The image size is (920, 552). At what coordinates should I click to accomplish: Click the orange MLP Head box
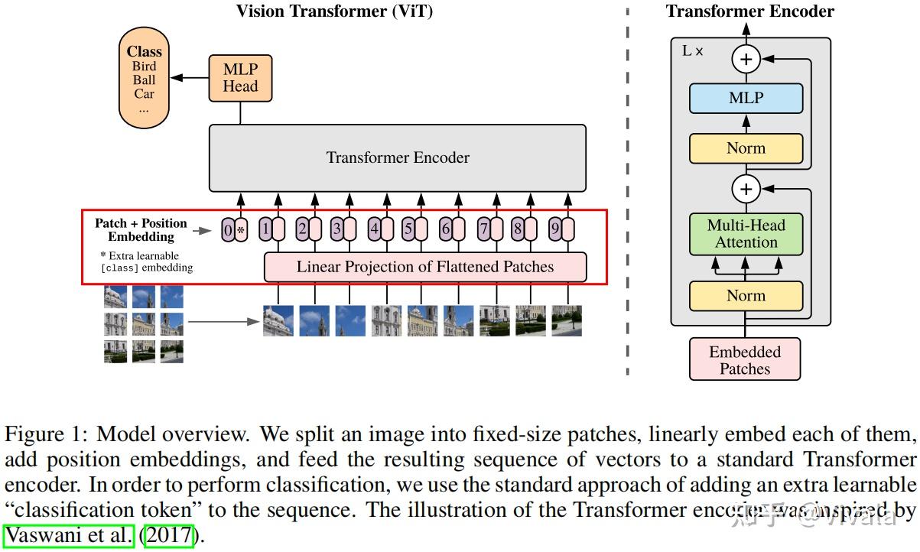click(240, 78)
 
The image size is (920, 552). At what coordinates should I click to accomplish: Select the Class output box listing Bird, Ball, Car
click(144, 80)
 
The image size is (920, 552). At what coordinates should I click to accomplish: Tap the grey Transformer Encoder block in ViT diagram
click(398, 158)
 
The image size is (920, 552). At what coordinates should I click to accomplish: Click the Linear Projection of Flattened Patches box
click(425, 268)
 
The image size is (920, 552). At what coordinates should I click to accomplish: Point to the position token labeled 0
click(228, 229)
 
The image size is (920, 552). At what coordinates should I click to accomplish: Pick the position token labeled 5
click(408, 229)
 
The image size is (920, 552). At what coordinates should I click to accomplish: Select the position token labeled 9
click(555, 229)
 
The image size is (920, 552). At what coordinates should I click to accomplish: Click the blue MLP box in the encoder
click(746, 99)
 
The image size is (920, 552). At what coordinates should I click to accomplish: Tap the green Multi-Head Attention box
click(746, 234)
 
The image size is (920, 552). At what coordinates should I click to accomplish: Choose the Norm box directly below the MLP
click(746, 148)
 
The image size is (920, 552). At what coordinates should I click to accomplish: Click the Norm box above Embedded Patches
click(746, 296)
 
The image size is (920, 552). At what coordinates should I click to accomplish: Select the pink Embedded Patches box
click(745, 360)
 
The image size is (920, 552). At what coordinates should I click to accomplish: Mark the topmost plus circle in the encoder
click(746, 59)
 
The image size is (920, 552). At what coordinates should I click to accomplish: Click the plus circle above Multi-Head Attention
click(746, 188)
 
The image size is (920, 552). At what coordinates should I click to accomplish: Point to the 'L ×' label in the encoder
click(692, 52)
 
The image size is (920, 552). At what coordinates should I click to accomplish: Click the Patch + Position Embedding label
click(141, 230)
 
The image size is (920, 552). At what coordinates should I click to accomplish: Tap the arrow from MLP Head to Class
click(189, 78)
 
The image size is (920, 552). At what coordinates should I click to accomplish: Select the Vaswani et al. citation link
click(69, 535)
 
